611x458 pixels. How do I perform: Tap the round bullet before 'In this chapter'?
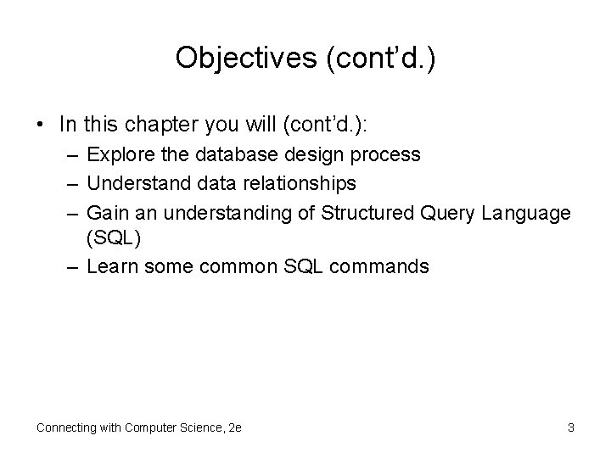click(x=41, y=125)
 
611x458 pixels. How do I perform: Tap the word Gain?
click(x=106, y=212)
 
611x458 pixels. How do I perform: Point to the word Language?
click(x=530, y=212)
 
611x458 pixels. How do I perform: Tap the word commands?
click(x=381, y=267)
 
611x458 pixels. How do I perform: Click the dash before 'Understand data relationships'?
click(x=71, y=183)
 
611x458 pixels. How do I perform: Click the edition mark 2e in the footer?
click(x=234, y=427)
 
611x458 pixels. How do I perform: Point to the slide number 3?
click(x=570, y=427)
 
